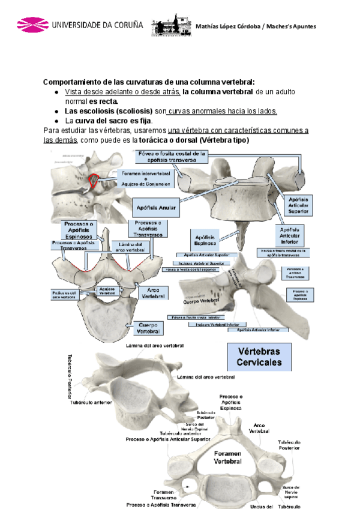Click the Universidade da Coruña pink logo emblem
31,25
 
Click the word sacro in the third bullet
119,120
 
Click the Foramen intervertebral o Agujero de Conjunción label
146,178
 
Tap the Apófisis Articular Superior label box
298,205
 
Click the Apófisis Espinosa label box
206,241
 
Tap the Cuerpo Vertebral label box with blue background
148,328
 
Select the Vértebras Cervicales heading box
259,357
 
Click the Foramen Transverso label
164,495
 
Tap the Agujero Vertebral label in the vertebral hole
107,291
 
